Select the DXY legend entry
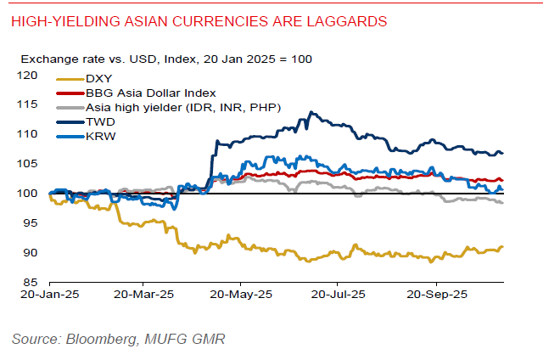pyautogui.click(x=99, y=79)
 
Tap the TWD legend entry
pyautogui.click(x=100, y=121)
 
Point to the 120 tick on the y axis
pyautogui.click(x=31, y=76)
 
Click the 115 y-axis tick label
pyautogui.click(x=31, y=105)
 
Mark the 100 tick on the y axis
pyautogui.click(x=31, y=194)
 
